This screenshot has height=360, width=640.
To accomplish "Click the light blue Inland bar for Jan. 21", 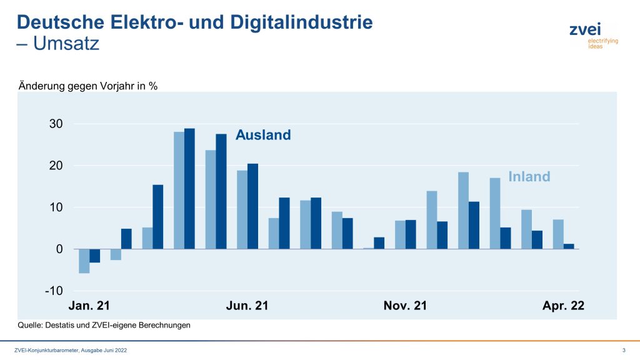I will pyautogui.click(x=84, y=261).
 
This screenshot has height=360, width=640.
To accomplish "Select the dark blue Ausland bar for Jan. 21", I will pyautogui.click(x=94, y=256).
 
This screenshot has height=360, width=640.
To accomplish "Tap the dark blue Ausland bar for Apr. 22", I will pyautogui.click(x=569, y=246).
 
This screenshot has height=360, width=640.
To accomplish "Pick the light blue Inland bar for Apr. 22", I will pyautogui.click(x=558, y=234).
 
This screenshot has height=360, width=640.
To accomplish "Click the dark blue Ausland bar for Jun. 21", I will pyautogui.click(x=252, y=206).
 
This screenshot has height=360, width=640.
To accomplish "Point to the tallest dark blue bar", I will pyautogui.click(x=189, y=189).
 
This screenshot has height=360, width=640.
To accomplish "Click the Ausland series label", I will pyautogui.click(x=263, y=135).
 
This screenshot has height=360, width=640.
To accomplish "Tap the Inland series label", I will pyautogui.click(x=529, y=177).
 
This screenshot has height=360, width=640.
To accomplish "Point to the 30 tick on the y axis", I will pyautogui.click(x=56, y=124).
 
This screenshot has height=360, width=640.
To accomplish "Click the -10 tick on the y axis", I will pyautogui.click(x=54, y=291).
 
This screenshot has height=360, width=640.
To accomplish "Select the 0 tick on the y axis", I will pyautogui.click(x=59, y=249).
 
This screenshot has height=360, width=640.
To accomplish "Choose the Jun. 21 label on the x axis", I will pyautogui.click(x=247, y=306).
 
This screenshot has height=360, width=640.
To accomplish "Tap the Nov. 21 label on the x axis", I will pyautogui.click(x=405, y=306).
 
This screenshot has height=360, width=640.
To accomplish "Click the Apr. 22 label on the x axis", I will pyautogui.click(x=562, y=306).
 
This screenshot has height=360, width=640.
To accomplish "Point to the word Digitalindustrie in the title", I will pyautogui.click(x=302, y=22).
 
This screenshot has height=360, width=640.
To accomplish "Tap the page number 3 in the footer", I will pyautogui.click(x=624, y=350).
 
